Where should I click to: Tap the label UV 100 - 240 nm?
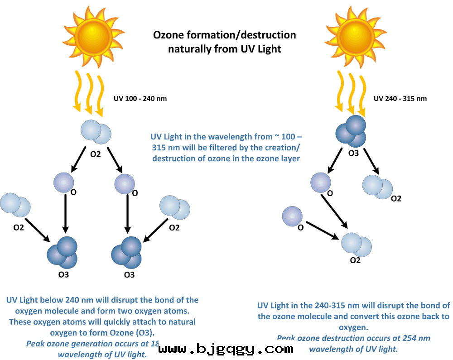coord(140,99)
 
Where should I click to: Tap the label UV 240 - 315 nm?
coord(400,99)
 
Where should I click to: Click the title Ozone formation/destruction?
coord(224,35)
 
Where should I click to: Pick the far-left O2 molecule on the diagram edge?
coord(15,205)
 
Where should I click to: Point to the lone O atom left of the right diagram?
coord(292,216)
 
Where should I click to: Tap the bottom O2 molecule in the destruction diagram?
coord(357,244)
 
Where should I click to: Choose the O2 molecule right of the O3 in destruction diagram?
coord(378,187)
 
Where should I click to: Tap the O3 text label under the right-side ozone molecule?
coord(353,153)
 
